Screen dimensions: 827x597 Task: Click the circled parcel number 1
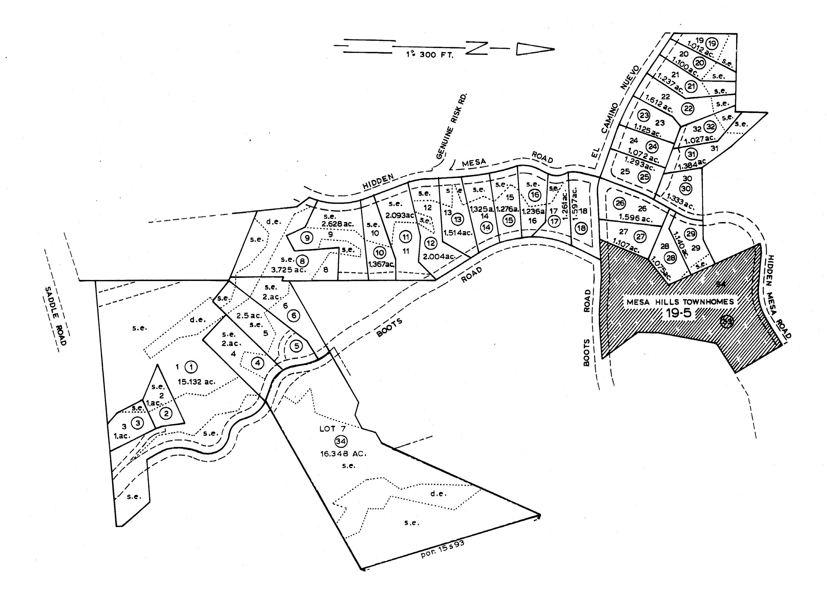[191, 366]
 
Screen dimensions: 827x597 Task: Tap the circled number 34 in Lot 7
[341, 441]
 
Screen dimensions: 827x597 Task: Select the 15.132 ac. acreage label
[196, 382]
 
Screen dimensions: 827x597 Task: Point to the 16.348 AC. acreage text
[343, 454]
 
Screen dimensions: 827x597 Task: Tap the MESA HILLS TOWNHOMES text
[680, 302]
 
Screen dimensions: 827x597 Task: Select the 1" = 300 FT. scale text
[430, 56]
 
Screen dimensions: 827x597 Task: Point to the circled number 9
[307, 238]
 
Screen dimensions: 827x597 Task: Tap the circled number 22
[688, 109]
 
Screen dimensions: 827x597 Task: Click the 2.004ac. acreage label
[439, 256]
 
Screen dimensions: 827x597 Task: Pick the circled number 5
[296, 346]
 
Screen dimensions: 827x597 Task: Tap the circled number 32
[710, 127]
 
